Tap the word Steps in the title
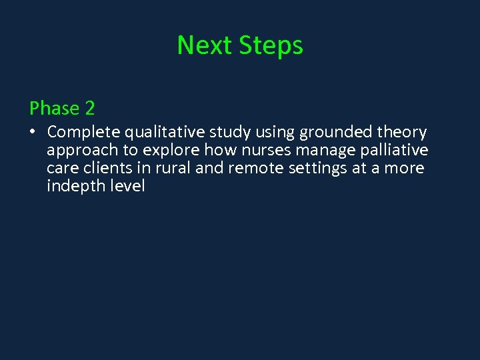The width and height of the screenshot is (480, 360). pyautogui.click(x=271, y=45)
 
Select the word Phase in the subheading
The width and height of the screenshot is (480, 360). pyautogui.click(x=54, y=108)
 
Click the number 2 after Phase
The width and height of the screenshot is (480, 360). pyautogui.click(x=89, y=108)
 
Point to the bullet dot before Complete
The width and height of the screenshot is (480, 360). pyautogui.click(x=33, y=132)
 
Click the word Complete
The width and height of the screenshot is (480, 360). pyautogui.click(x=84, y=132)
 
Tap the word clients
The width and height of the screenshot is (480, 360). pyautogui.click(x=107, y=168)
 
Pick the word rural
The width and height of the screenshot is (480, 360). pyautogui.click(x=172, y=168)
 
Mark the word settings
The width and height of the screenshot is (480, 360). pyautogui.click(x=314, y=168)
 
